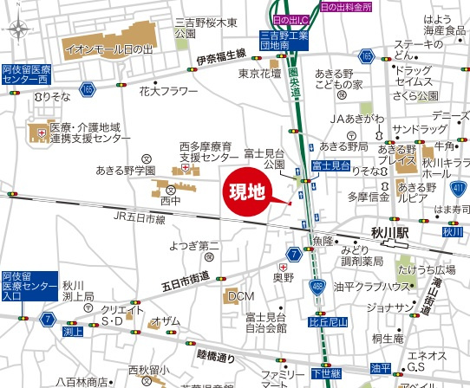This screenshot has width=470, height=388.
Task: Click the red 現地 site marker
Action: coord(246,192)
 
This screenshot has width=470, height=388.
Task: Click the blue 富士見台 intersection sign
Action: coord(330,165)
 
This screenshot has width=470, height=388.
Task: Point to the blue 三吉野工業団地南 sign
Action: coord(284,41)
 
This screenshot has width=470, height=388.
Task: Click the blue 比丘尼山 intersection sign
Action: coord(328,321)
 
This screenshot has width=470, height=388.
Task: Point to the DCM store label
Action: coord(241,296)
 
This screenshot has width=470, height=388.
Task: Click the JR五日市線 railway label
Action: coord(140,220)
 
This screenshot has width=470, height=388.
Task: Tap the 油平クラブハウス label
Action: coord(372,288)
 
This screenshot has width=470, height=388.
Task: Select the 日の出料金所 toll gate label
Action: coord(345,6)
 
